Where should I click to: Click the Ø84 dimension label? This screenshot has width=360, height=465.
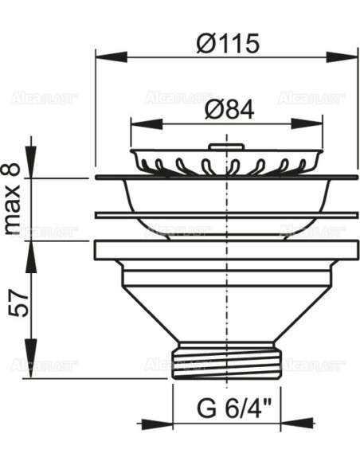pyautogui.click(x=228, y=111)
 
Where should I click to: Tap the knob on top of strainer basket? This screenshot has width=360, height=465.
pyautogui.click(x=226, y=147)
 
